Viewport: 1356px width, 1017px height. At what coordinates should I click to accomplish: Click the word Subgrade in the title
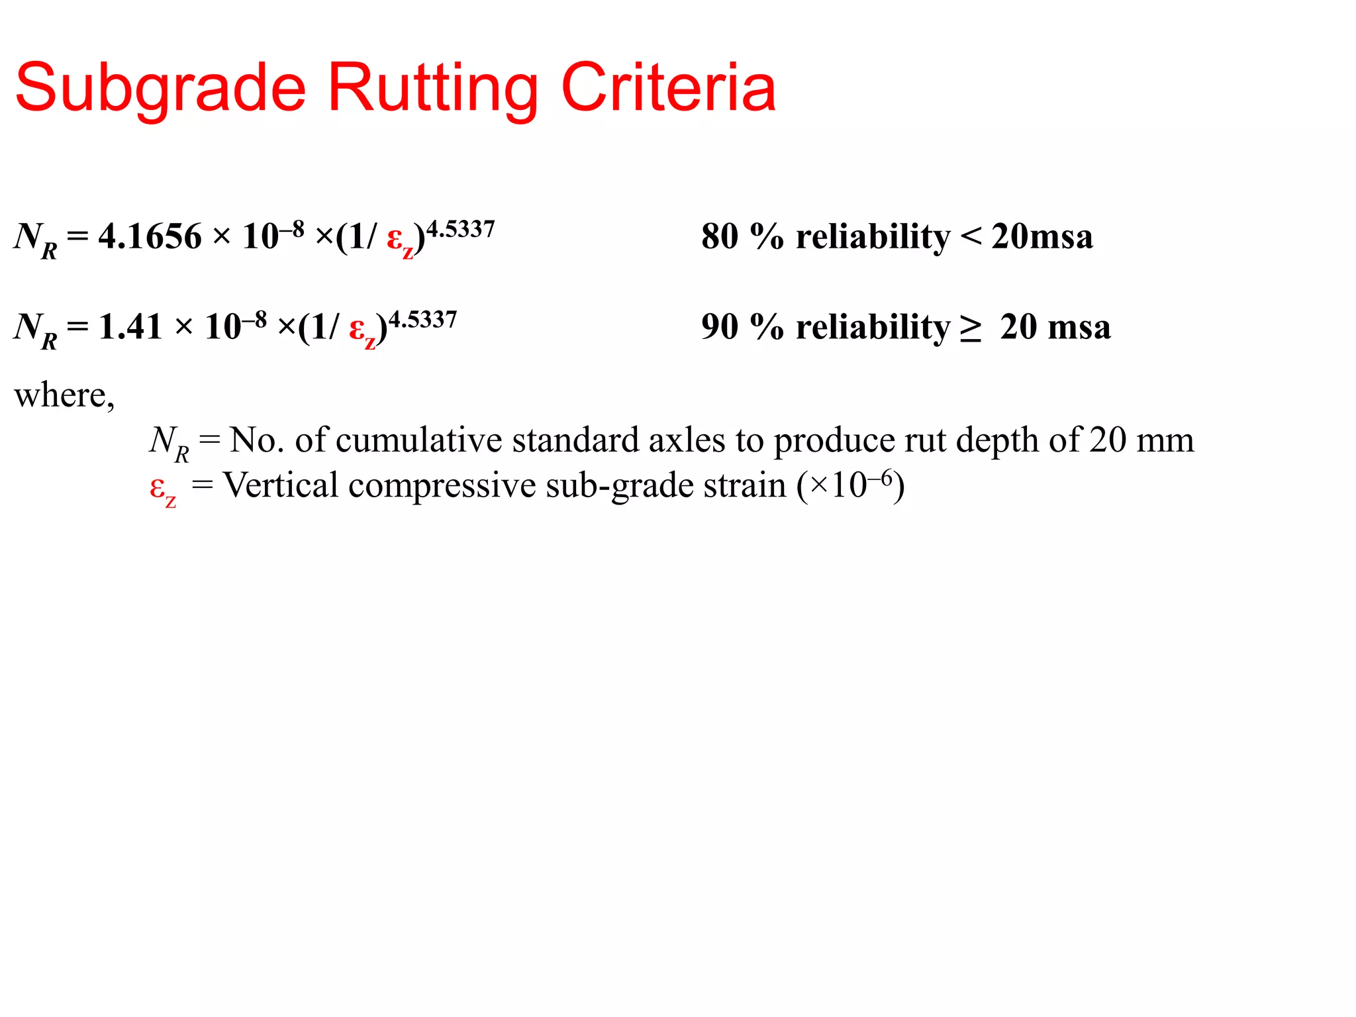pos(161,89)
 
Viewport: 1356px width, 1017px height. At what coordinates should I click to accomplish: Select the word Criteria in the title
pos(668,87)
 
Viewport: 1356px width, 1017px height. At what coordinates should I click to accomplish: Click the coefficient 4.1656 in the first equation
pos(150,236)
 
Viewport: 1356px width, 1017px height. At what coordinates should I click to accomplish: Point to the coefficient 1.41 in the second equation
pos(130,326)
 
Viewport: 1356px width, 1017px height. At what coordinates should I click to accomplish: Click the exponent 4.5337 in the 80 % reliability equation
pos(461,229)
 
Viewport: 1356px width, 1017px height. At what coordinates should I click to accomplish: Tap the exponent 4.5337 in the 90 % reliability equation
pos(423,320)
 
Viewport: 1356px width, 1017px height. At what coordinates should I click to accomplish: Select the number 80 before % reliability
pos(720,236)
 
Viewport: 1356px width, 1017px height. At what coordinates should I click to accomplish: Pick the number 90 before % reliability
pos(720,326)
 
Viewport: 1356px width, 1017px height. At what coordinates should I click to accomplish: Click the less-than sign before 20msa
pos(971,236)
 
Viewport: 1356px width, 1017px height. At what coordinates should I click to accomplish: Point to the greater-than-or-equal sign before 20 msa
pos(971,328)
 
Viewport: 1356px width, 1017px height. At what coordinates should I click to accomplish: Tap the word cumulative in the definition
pos(419,440)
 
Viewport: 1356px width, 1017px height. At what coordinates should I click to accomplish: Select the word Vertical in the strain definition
pos(281,485)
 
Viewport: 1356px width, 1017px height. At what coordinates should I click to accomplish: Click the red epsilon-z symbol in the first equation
pos(399,240)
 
